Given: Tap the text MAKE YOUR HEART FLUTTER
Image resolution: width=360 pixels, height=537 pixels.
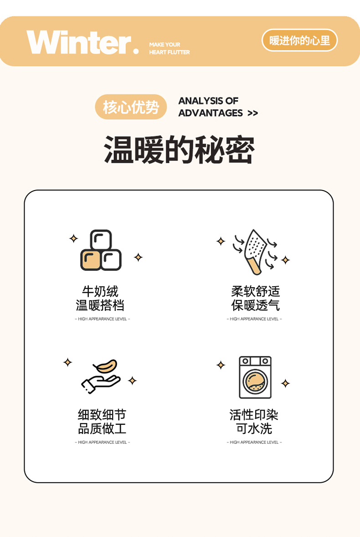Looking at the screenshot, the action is pos(170,48).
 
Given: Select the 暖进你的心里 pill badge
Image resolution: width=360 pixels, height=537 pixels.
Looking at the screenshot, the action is pos(299,40).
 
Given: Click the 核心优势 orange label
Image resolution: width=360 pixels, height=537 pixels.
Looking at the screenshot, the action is pos(131,107).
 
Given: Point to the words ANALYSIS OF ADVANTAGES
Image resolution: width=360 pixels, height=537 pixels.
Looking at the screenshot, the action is pos(211,107).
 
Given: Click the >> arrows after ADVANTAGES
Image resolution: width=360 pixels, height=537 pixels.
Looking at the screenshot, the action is pos(252,113).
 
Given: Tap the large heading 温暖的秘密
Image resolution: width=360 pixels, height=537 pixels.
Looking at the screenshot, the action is pos(179,150).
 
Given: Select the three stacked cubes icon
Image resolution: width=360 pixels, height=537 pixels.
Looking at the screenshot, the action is pos(101,250).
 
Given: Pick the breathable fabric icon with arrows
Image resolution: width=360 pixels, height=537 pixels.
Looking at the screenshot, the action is pos(255,252).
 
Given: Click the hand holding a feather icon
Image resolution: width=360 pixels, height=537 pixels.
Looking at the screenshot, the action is pos(101,377).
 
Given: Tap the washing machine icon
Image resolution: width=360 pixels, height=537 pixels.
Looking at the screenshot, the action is pos(255,377).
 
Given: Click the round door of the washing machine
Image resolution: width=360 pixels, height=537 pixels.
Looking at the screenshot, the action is pos(255,382).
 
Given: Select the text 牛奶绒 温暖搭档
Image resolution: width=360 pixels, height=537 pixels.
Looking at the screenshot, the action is pos(100,298).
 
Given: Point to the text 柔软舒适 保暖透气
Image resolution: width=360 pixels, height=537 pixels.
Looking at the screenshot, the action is pos(255,298).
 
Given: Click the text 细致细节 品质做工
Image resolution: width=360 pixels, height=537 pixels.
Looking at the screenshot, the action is pos(102,422).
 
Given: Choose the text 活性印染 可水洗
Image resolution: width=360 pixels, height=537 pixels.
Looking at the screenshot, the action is pos(254,422).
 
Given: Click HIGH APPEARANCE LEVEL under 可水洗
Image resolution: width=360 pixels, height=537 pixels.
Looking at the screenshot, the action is pos(254,442).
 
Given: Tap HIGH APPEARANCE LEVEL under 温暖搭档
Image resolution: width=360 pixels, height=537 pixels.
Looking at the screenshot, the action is pos(103,319).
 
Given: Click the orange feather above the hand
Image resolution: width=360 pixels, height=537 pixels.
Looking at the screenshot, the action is pos(106,366).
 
